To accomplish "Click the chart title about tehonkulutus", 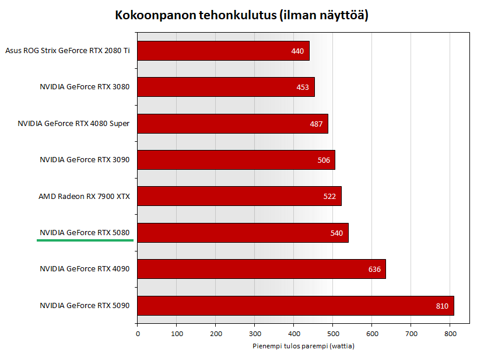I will pos(241,15).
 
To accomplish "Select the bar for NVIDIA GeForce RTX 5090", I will pos(295,306).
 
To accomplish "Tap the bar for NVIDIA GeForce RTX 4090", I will pos(261,269).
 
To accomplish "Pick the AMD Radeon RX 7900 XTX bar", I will pos(239,196).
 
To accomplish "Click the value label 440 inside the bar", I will pos(297,51).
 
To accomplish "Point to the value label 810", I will pos(442,306).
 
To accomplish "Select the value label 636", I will pos(374,269).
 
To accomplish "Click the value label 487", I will pos(316,124).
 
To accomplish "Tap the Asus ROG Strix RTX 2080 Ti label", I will pos(67,51).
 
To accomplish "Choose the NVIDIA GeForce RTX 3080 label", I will pos(85,87).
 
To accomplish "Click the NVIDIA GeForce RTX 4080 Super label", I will pos(73,123).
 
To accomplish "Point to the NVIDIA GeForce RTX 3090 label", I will pos(85,159).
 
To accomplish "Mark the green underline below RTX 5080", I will pos(85,240).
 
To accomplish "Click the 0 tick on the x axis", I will pos(138,333).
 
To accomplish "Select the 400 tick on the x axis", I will pos(294,333).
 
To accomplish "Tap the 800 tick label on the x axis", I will pos(450,333).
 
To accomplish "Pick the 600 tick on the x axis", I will pos(372,333).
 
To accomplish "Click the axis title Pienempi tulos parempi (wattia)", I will pos(303,346).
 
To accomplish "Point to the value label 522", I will pos(329,196).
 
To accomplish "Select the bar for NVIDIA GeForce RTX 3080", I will pos(226,87).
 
